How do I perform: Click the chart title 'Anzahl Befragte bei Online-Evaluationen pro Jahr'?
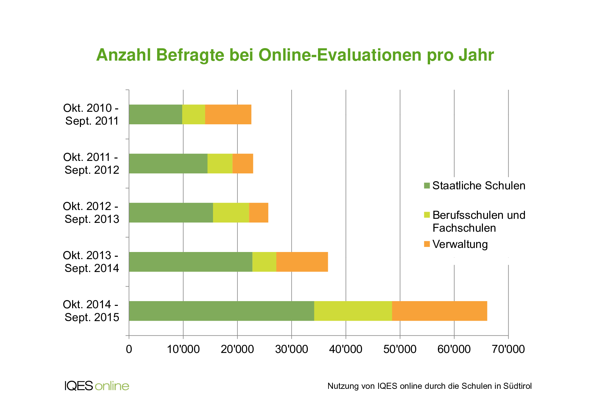click(x=295, y=55)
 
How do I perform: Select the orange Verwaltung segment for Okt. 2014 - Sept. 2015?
click(x=439, y=311)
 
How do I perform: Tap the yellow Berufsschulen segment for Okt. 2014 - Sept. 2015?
click(x=353, y=311)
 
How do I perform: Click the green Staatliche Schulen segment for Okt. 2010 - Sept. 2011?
click(x=155, y=114)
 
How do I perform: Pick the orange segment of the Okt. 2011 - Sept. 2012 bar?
click(x=242, y=164)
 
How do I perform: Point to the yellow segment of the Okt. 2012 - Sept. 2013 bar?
click(x=231, y=213)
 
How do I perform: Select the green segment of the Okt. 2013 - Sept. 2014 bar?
click(x=191, y=262)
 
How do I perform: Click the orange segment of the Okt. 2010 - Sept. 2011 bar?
click(x=228, y=114)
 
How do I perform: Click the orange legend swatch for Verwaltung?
click(x=427, y=244)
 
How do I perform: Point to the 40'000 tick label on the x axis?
click(x=345, y=349)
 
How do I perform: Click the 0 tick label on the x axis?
click(x=129, y=349)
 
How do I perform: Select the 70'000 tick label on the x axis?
click(x=508, y=349)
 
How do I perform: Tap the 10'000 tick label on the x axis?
click(x=183, y=349)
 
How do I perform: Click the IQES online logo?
click(x=97, y=386)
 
